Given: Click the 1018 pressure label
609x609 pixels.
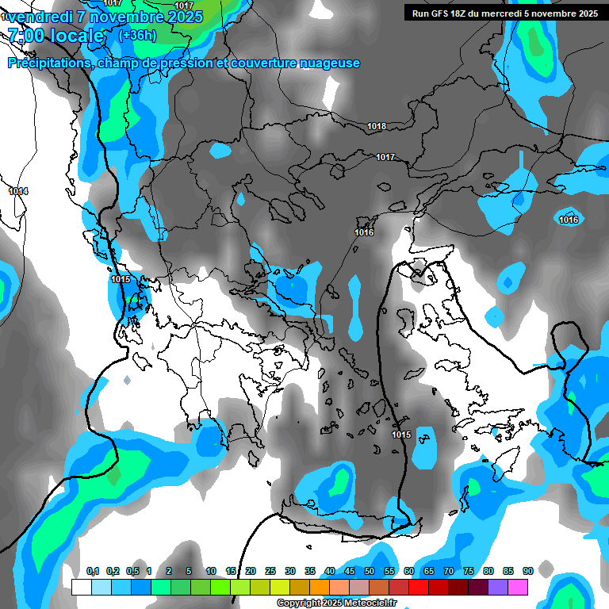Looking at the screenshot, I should (377, 127).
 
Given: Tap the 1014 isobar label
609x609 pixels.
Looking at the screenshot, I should (18, 192).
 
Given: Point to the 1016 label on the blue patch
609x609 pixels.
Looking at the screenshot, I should (569, 220).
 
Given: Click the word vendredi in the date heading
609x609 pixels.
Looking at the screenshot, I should (40, 17).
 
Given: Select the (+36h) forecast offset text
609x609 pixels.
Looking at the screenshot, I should (137, 36).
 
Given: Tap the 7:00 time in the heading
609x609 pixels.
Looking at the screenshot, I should (25, 36).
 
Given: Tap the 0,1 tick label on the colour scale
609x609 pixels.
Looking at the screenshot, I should (92, 571).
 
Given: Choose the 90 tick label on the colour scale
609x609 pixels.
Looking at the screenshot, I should (527, 571).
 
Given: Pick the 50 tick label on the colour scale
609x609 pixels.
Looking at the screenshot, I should (370, 571).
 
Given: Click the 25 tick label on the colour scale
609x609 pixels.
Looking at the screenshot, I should (270, 571).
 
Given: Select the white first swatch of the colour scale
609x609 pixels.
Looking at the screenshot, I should (82, 587).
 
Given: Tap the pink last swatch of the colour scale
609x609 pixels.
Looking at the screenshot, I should (518, 587).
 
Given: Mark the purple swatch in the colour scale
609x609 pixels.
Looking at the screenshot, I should (498, 587).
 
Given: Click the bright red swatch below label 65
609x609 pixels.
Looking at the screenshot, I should (419, 587).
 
